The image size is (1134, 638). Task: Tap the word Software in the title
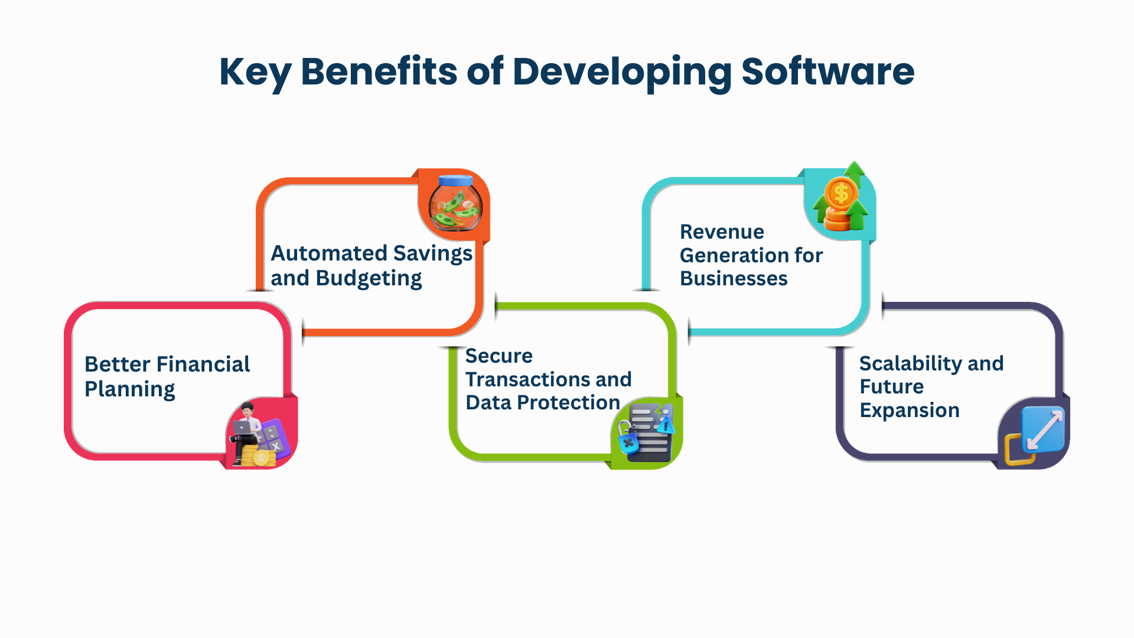tap(827, 71)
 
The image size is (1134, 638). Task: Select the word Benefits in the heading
tap(379, 71)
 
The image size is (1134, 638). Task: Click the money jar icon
tap(455, 203)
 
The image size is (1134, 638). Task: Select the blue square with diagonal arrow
tap(1043, 428)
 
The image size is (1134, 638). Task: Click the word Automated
tap(329, 253)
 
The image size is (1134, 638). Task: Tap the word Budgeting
tap(369, 279)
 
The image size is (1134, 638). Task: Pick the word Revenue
tap(722, 232)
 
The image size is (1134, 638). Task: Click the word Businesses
tap(734, 278)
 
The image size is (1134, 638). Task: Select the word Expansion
tap(910, 411)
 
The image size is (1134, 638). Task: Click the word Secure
tap(499, 356)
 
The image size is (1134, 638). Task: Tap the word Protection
tap(568, 402)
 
